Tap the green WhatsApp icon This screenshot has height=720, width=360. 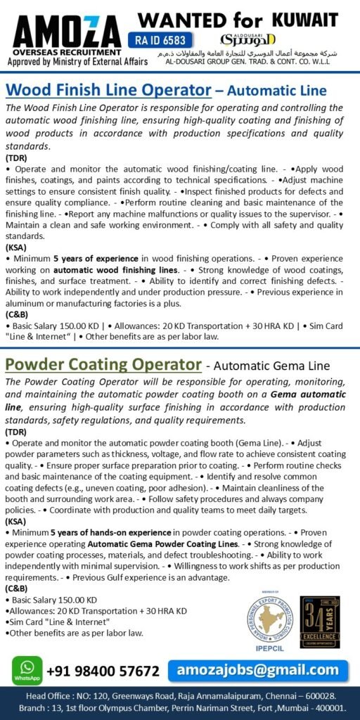pos(27,670)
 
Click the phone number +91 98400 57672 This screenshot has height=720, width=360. pos(103,671)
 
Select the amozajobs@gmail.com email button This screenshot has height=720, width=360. pos(259,669)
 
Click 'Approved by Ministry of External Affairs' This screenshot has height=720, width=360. pos(77,62)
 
